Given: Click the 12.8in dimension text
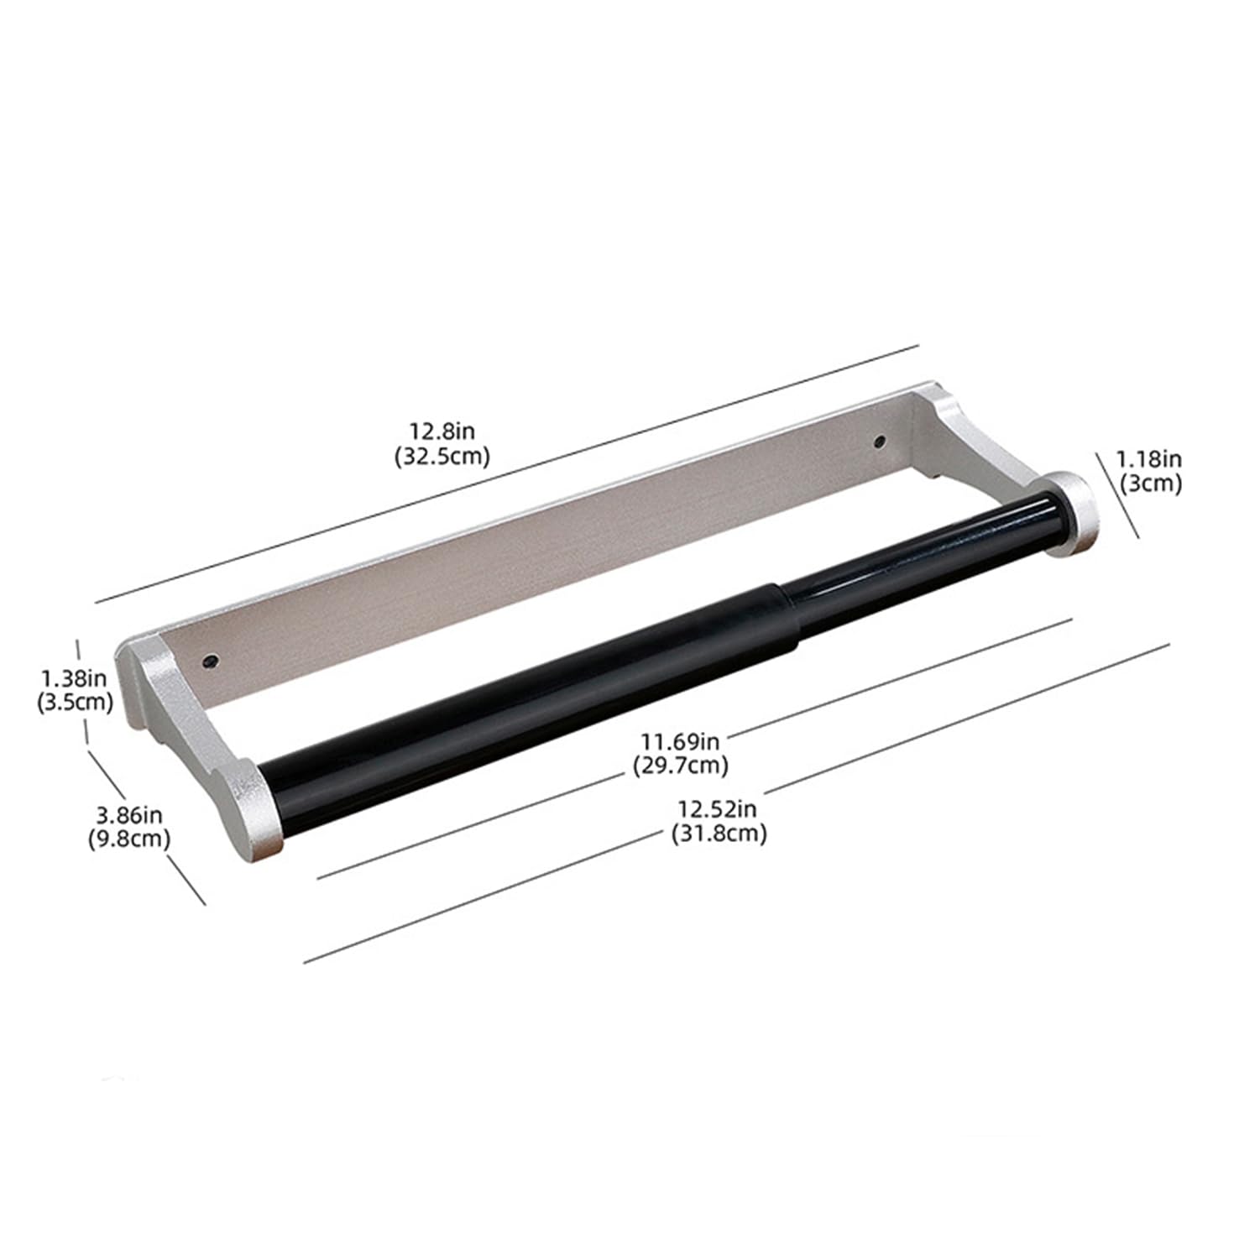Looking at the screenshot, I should point(442,431).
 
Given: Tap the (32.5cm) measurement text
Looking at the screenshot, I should point(442,456).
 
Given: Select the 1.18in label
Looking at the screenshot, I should point(1148,459).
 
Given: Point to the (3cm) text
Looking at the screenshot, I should point(1151,484).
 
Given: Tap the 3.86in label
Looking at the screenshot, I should point(129,813).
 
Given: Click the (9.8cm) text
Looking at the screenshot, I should point(129,838).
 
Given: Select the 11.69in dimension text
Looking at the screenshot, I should point(680,741).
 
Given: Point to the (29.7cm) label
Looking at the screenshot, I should point(680,766).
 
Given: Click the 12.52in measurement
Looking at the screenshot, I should point(719,809).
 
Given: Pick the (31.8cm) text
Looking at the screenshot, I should point(719,834).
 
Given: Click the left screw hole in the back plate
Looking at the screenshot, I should point(210,661).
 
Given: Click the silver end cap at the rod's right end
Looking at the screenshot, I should point(1069,514).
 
